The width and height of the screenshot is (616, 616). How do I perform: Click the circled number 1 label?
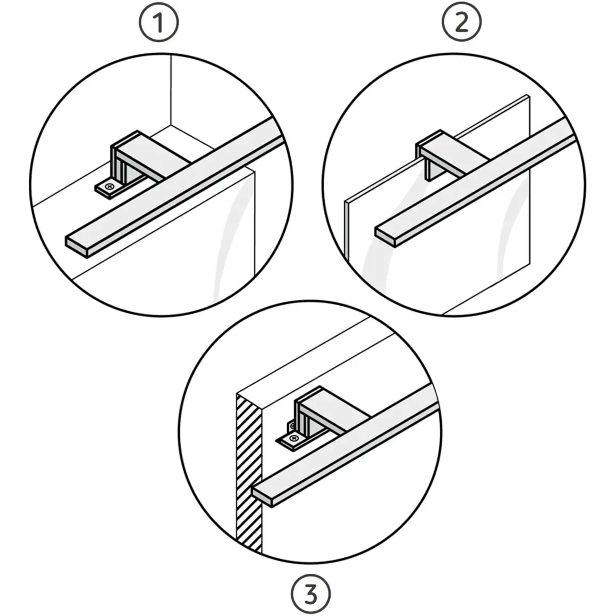(x=159, y=22)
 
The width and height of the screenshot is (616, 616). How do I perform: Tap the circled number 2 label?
(x=462, y=22)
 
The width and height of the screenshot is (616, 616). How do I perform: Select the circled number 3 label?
(x=311, y=594)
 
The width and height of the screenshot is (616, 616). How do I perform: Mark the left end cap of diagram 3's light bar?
(x=262, y=497)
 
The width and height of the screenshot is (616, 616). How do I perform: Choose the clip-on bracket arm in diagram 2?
(x=455, y=153)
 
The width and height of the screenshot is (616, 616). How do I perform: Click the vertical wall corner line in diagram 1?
(x=171, y=90)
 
